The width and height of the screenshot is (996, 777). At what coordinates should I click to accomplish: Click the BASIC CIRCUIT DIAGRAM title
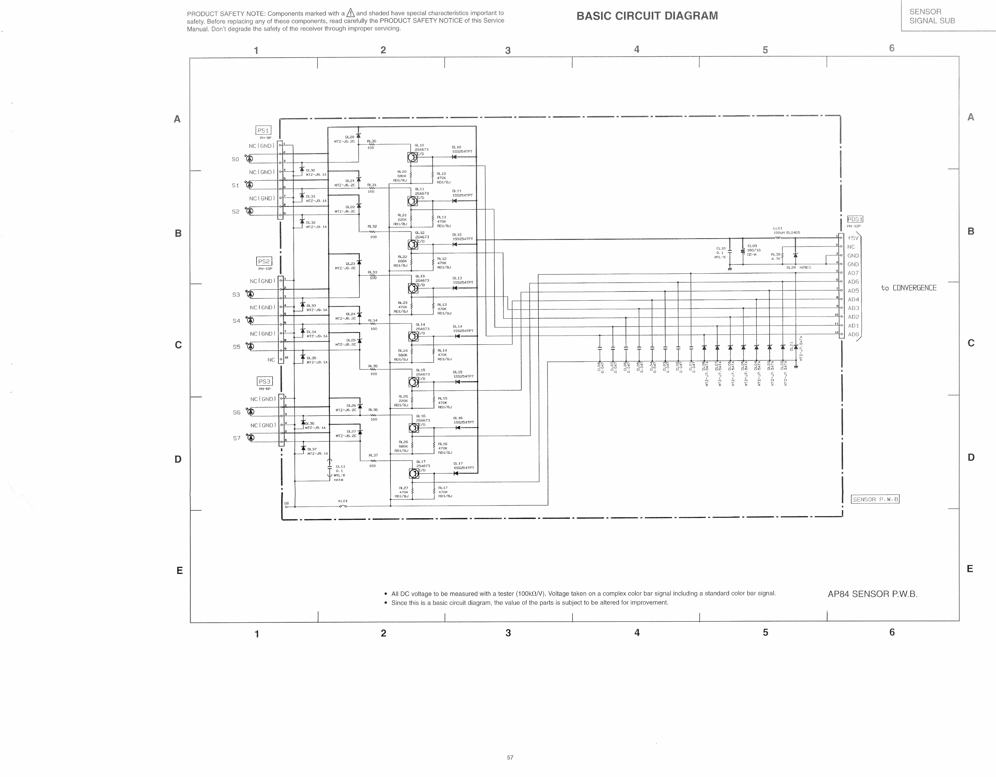click(647, 16)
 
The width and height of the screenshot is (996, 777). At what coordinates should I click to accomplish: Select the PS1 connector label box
click(263, 130)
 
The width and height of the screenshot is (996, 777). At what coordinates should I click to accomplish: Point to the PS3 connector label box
click(264, 381)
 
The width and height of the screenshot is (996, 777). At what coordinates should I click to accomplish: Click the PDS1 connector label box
click(855, 219)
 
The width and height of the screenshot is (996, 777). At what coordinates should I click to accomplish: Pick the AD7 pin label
click(853, 273)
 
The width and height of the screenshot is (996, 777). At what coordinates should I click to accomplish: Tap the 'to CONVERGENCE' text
click(908, 288)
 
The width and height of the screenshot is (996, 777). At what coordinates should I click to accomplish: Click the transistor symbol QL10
click(412, 157)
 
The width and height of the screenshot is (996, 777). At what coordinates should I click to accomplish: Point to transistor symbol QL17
click(414, 473)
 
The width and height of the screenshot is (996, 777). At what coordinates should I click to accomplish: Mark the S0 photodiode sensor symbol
click(249, 159)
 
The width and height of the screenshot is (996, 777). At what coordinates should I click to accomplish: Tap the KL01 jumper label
click(343, 501)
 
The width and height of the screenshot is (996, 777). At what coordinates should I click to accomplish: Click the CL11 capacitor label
click(340, 467)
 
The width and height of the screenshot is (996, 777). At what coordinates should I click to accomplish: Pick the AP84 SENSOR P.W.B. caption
click(872, 594)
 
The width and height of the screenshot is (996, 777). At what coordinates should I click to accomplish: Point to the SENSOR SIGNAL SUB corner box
click(932, 16)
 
